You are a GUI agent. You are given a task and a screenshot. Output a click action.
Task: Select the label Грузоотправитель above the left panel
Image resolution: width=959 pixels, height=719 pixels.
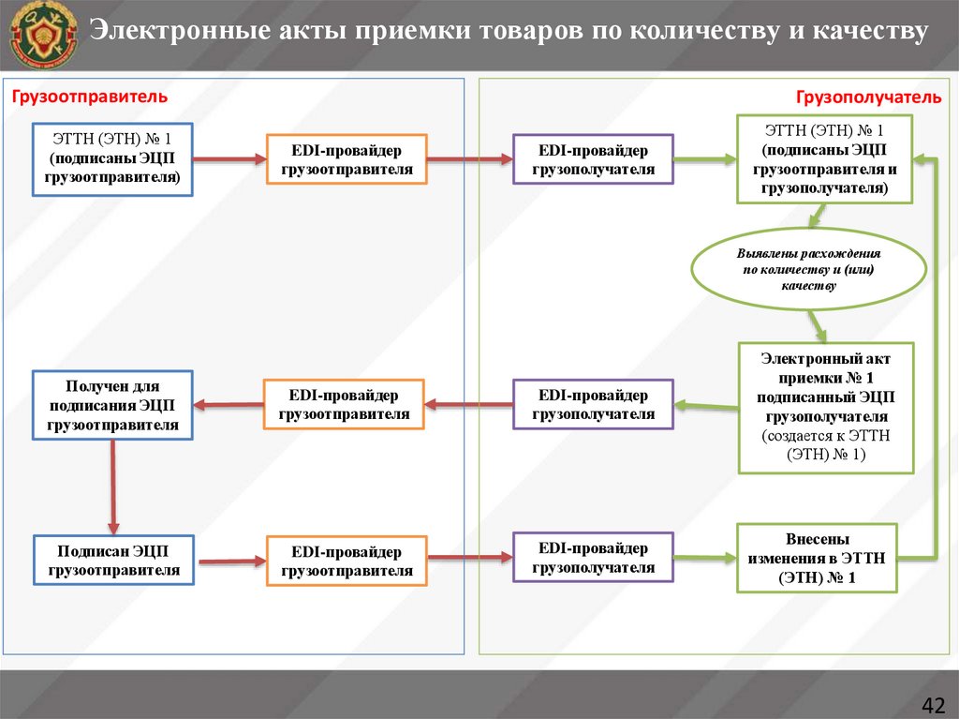tap(89, 96)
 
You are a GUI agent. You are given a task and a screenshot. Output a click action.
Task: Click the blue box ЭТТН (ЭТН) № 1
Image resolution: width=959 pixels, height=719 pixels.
tap(112, 159)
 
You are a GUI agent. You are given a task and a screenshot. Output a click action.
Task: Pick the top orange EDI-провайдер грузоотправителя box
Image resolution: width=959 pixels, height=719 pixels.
tap(347, 159)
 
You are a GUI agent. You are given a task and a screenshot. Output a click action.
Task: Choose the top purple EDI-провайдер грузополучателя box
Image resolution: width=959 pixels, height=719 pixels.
tap(593, 159)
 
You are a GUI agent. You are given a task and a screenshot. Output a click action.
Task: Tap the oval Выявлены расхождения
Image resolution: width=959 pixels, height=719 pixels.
tap(808, 270)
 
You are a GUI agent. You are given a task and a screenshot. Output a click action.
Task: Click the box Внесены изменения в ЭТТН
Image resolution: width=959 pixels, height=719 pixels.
tap(817, 558)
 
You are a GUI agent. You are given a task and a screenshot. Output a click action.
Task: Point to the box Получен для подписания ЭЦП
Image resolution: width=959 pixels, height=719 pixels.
tap(112, 406)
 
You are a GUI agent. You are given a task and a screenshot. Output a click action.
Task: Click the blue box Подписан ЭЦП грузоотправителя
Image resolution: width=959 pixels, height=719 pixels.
tap(112, 560)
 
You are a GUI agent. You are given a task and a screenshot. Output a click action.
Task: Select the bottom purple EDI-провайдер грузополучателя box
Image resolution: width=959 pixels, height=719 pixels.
tap(593, 558)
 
